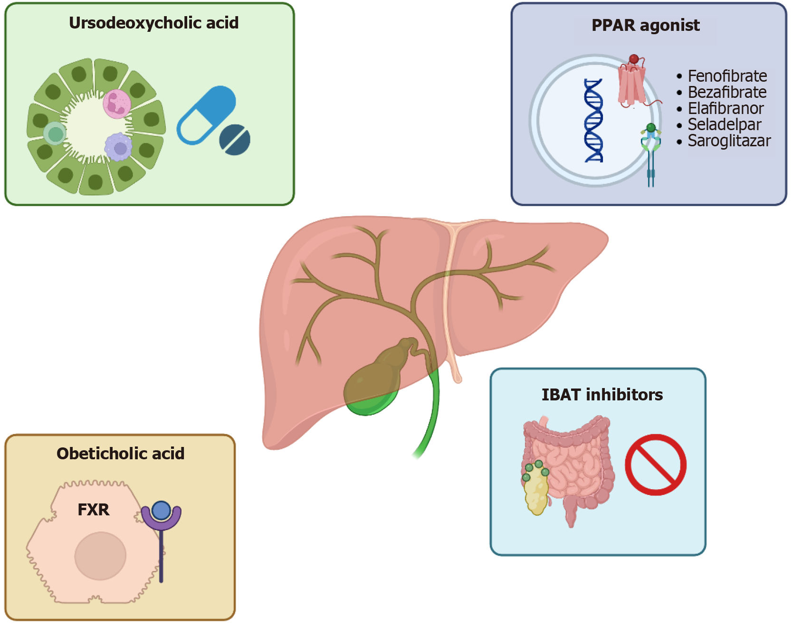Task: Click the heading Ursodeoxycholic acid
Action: click(153, 23)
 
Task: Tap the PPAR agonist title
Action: click(645, 25)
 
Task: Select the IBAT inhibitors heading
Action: click(602, 395)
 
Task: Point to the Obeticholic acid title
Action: click(120, 454)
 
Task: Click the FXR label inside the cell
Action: click(93, 510)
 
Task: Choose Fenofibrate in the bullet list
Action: click(727, 76)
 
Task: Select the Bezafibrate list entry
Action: click(727, 92)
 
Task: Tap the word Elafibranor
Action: click(725, 108)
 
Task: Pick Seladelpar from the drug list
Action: click(724, 124)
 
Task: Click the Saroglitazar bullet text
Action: click(729, 141)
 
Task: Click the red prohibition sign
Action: click(655, 465)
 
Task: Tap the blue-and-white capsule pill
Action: click(206, 115)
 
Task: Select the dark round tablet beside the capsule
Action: click(235, 140)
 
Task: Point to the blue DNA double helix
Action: click(594, 121)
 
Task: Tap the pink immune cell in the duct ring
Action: click(116, 104)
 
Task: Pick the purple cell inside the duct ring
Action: click(118, 147)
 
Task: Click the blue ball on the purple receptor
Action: click(162, 511)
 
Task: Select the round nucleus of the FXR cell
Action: click(100, 556)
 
